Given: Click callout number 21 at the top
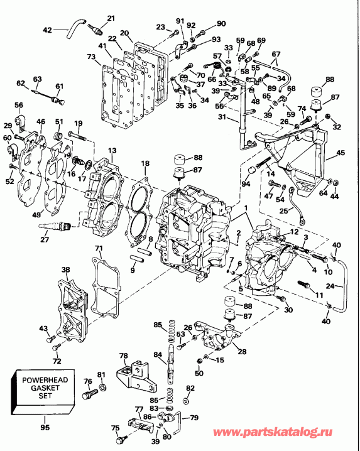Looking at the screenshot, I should (111, 18).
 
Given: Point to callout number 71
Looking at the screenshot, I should (98, 249).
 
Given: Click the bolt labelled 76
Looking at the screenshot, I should (90, 394).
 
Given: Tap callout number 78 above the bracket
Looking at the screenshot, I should (123, 355).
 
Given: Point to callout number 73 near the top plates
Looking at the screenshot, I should (91, 58).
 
